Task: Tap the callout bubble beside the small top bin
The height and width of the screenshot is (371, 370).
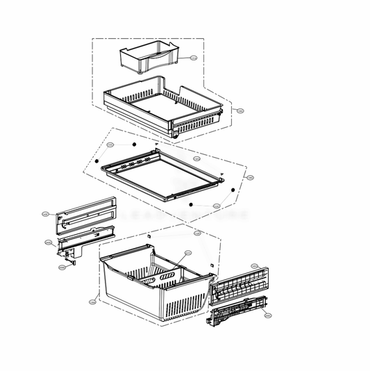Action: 194,58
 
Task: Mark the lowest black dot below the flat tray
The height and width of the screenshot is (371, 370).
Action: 190,205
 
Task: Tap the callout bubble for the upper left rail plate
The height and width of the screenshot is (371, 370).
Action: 45,214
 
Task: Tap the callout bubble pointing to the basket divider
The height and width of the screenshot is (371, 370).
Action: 187,253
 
